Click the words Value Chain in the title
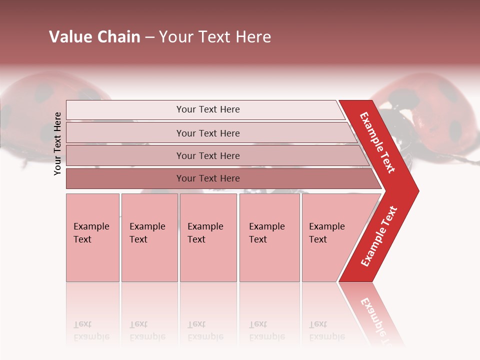[x=94, y=37]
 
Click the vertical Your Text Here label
[x=57, y=143]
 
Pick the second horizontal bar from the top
[x=208, y=133]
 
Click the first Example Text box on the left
[x=92, y=237]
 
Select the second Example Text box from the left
[x=149, y=237]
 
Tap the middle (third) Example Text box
[x=208, y=237]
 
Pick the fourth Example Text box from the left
[x=269, y=237]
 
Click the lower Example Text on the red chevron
[x=379, y=236]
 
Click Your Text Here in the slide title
[x=215, y=37]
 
